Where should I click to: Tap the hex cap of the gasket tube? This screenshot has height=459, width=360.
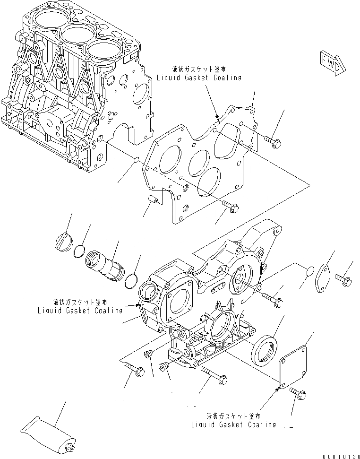[x=70, y=447]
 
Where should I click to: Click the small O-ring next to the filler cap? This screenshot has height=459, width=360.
[x=80, y=253]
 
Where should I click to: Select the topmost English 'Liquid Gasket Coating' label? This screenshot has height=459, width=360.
[x=200, y=78]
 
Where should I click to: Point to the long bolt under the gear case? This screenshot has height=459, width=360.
[x=214, y=375]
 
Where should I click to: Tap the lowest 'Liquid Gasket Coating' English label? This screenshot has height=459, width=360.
[x=233, y=424]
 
